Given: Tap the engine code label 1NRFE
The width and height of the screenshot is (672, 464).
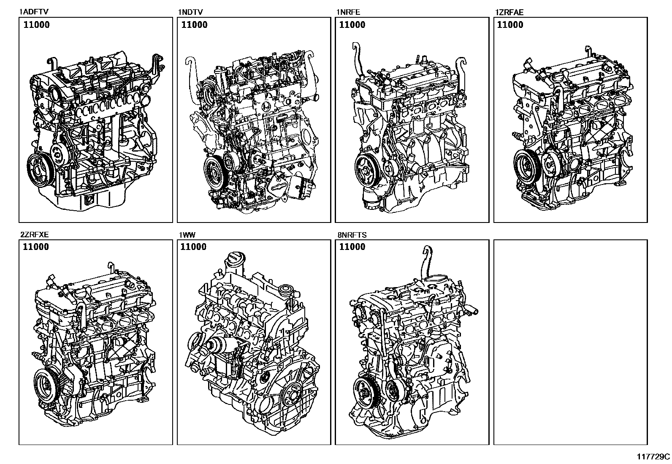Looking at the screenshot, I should pyautogui.click(x=348, y=12).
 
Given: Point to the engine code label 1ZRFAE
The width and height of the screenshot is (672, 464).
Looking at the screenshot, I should pyautogui.click(x=509, y=12).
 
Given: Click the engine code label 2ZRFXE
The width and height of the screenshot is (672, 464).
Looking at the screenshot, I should pyautogui.click(x=35, y=235).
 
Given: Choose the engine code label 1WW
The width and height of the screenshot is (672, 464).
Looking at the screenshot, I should pyautogui.click(x=187, y=235).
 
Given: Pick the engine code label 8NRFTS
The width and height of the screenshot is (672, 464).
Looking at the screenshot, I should pyautogui.click(x=352, y=235).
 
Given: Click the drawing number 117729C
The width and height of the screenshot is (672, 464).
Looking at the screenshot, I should pyautogui.click(x=653, y=456).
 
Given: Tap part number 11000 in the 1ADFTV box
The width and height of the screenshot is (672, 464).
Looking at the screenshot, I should pyautogui.click(x=36, y=25).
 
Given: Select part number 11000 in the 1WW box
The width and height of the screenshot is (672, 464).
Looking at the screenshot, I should pyautogui.click(x=193, y=247).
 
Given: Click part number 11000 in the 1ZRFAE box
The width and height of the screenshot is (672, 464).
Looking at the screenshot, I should pyautogui.click(x=510, y=25).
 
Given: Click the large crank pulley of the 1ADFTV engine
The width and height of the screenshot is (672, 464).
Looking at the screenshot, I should pyautogui.click(x=39, y=170).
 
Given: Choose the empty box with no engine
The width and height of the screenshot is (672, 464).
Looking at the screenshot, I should pyautogui.click(x=570, y=342).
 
